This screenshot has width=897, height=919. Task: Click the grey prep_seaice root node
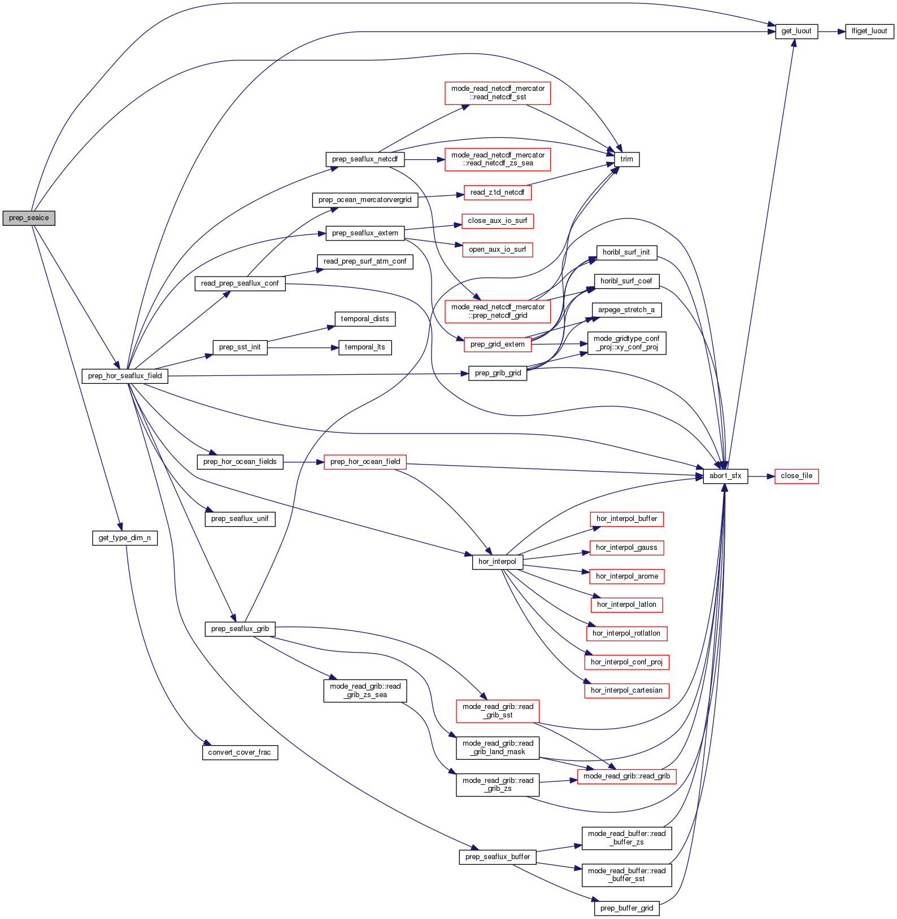coord(29,218)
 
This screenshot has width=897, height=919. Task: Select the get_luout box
coord(796,31)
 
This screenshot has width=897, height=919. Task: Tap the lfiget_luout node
coord(869,31)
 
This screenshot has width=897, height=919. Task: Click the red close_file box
coord(796,476)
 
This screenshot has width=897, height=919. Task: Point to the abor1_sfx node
coord(725,476)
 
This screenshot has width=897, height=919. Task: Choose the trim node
coord(626,159)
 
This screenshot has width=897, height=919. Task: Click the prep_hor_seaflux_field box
coord(125,376)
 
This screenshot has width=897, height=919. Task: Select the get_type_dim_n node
coord(124,538)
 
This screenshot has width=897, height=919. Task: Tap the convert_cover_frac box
coord(240,752)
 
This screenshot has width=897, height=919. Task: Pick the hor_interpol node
coord(497,562)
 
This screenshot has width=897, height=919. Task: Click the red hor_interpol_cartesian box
coord(626,690)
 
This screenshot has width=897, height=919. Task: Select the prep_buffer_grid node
coord(626,908)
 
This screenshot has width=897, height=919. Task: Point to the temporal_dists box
coord(365,319)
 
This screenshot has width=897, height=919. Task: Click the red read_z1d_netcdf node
coord(497,192)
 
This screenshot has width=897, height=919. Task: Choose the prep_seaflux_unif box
coord(240,519)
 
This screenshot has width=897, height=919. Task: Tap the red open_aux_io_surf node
coord(497,250)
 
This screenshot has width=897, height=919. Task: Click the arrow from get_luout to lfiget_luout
coord(831,32)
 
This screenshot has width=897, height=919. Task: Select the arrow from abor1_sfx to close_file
coord(761,476)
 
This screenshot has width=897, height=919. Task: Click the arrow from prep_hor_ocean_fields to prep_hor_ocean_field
coord(303,462)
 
